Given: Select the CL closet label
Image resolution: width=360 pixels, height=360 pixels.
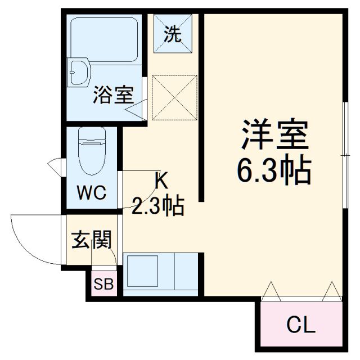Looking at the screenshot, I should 301,325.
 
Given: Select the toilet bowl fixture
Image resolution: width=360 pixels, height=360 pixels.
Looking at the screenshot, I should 92,151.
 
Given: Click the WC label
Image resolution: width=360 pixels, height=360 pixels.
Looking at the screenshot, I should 92,193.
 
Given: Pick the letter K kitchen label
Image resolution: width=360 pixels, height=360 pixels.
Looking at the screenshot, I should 160,181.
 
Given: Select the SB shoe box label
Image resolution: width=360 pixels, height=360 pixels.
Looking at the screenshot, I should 103,285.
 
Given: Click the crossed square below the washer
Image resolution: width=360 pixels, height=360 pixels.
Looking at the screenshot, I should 175,98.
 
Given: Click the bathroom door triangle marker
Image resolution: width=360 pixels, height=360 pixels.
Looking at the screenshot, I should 137,109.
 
